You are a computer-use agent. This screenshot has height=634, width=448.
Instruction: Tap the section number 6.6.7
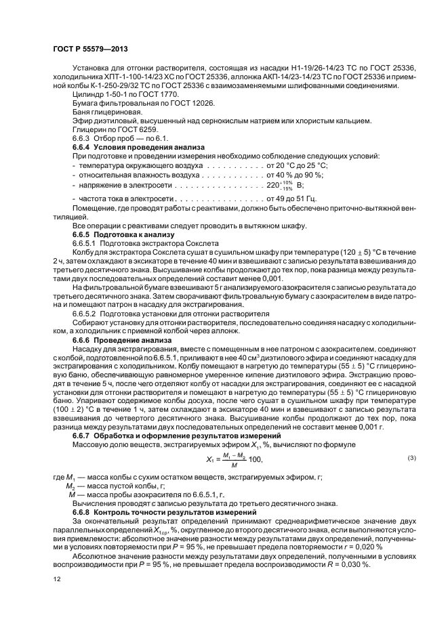(x=84, y=435)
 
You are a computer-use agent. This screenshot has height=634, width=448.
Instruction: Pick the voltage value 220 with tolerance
(x=284, y=185)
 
